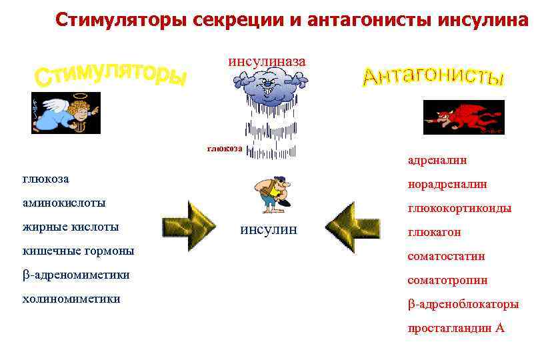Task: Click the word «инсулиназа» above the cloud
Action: pyautogui.click(x=267, y=61)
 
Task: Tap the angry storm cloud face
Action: pyautogui.click(x=270, y=86)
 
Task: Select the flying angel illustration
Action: pyautogui.click(x=66, y=113)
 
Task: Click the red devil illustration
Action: pyautogui.click(x=463, y=117)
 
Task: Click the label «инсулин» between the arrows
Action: pyautogui.click(x=269, y=230)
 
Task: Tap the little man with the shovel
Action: pyautogui.click(x=273, y=194)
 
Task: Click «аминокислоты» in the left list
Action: pyautogui.click(x=64, y=202)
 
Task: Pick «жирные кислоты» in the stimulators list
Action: pyautogui.click(x=71, y=227)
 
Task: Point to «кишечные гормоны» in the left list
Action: pyautogui.click(x=78, y=251)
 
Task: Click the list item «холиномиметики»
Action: pyautogui.click(x=71, y=299)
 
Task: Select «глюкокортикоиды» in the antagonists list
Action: pyautogui.click(x=459, y=208)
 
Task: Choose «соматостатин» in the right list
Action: pyautogui.click(x=446, y=256)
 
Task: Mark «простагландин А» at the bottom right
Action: pyautogui.click(x=456, y=328)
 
